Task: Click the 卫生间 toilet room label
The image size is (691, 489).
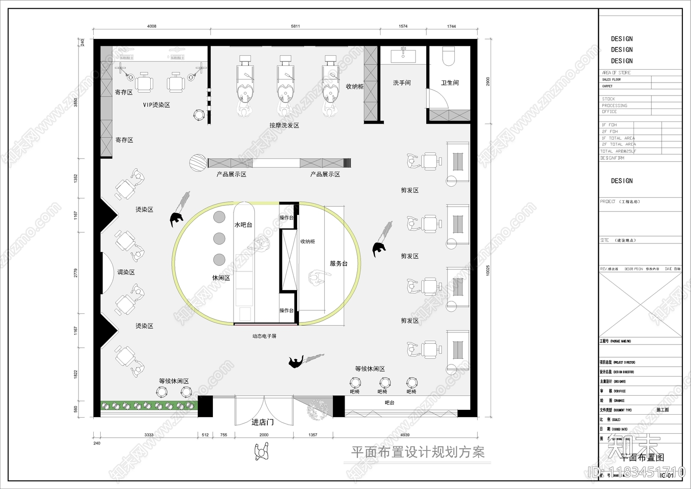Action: [x=450, y=83]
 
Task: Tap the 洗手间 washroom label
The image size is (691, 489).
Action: [x=402, y=83]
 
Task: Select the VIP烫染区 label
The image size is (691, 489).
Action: [x=156, y=105]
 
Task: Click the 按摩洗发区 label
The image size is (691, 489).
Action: [x=284, y=125]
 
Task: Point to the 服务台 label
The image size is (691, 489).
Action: [x=339, y=263]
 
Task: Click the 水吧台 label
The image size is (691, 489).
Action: [x=243, y=225]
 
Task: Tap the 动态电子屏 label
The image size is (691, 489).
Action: [x=264, y=336]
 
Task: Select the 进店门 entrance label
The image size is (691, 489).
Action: [x=263, y=422]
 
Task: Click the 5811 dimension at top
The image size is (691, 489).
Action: [x=295, y=26]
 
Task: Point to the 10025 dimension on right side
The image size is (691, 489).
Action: [x=488, y=271]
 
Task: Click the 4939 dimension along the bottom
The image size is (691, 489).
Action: [x=405, y=435]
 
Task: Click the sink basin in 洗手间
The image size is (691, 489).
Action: [x=403, y=56]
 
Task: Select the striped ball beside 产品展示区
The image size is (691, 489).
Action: [x=198, y=163]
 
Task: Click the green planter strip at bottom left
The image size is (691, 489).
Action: [x=149, y=406]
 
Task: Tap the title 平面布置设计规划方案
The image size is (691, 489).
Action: [x=418, y=452]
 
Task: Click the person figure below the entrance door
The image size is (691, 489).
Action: [x=261, y=453]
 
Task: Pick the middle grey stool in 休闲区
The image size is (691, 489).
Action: [x=219, y=238]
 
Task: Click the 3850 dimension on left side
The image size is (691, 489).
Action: [x=76, y=102]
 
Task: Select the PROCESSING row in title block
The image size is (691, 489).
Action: [x=615, y=105]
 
